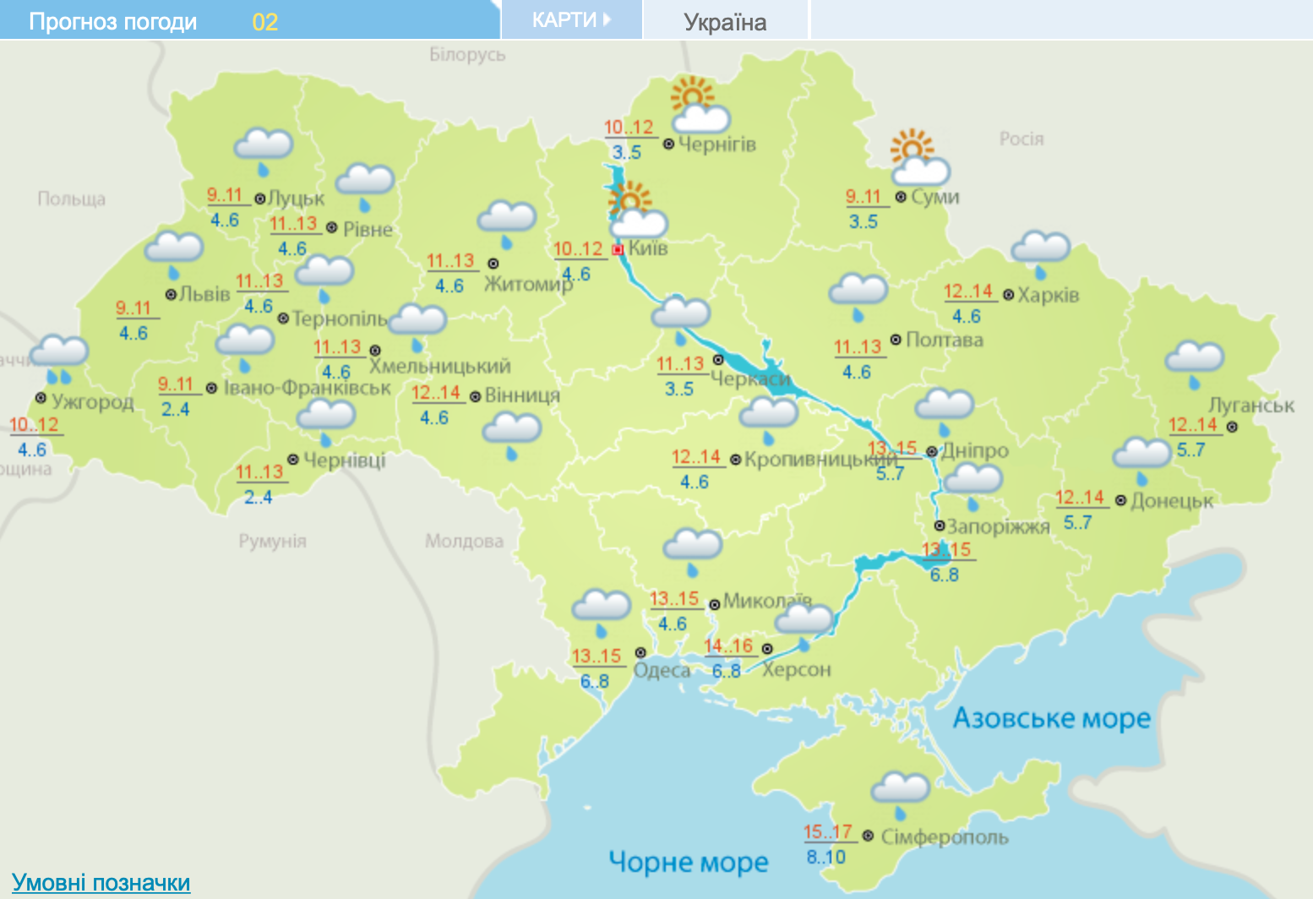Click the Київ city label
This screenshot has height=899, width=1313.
point(648,248)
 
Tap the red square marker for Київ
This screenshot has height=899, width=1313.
point(618,249)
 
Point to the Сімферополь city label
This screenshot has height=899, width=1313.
point(945,837)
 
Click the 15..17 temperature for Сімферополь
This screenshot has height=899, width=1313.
point(827,832)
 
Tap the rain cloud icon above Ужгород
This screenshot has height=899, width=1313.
point(58,358)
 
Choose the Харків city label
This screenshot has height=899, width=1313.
point(1048,295)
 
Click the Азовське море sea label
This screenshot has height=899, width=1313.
point(1051,718)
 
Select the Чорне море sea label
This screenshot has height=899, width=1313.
point(688,862)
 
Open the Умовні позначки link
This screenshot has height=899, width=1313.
point(101,883)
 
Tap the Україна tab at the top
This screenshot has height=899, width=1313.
point(725,22)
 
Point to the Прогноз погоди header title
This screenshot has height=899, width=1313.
point(112,22)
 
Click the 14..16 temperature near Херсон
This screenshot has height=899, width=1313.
point(728,646)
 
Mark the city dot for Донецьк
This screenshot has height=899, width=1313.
point(1120,501)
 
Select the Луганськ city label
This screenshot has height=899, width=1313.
point(1250,406)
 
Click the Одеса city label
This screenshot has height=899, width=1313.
point(662,670)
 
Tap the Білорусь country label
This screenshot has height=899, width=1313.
point(467,55)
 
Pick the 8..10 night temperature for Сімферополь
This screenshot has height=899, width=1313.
point(825,857)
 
